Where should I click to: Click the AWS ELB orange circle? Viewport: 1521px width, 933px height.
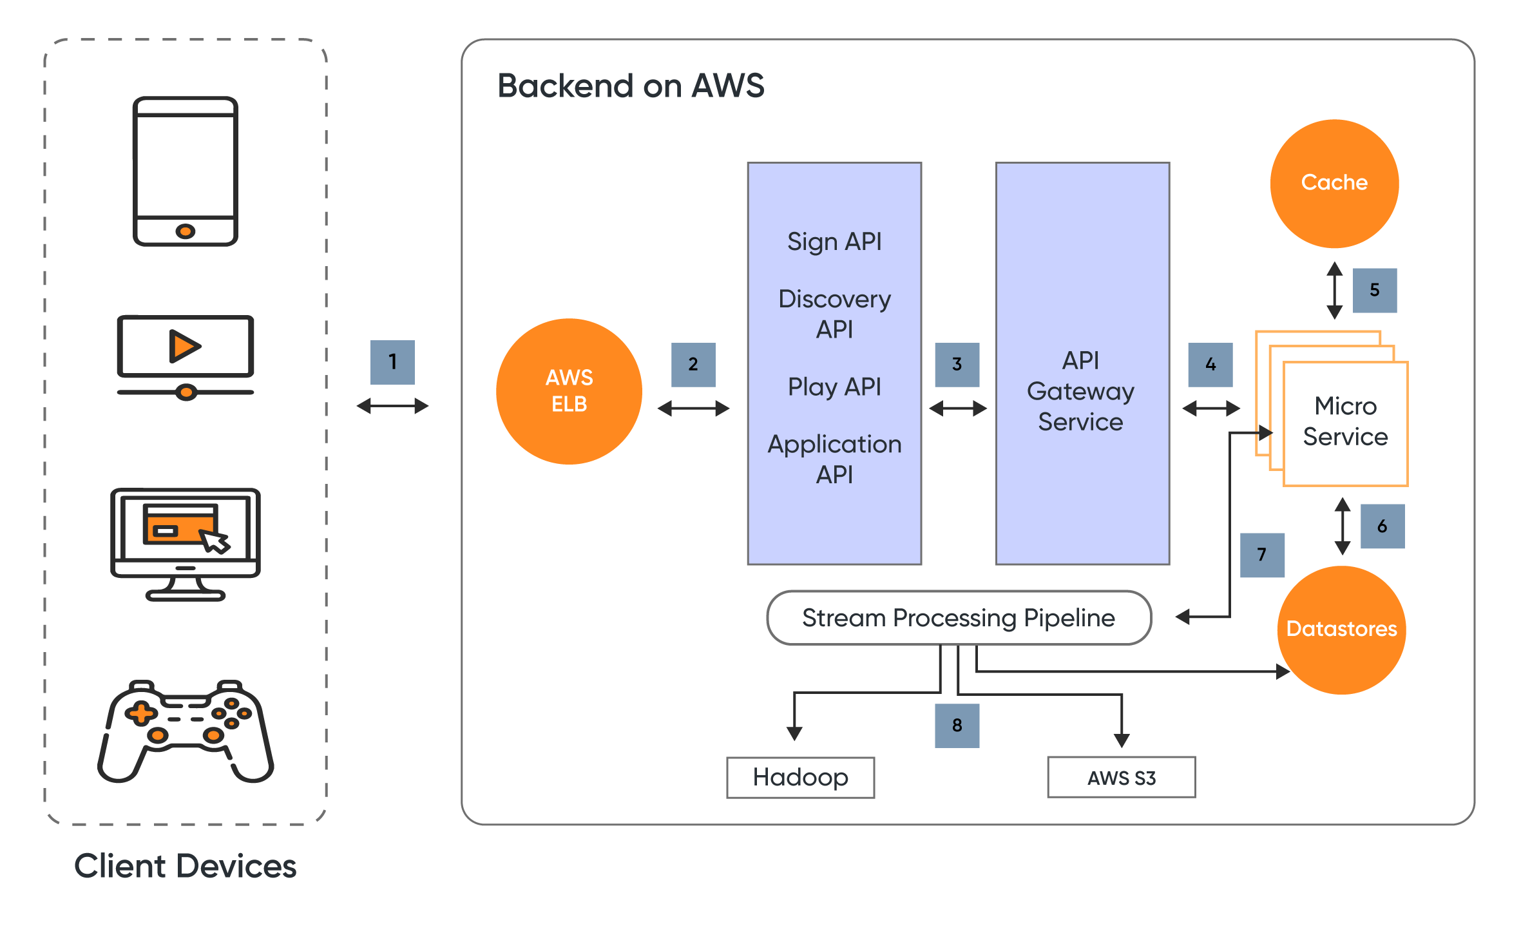point(569,391)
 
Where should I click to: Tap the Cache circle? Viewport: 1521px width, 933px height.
point(1334,184)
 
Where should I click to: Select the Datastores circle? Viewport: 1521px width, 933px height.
point(1341,630)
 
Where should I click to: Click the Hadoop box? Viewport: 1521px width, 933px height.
point(800,778)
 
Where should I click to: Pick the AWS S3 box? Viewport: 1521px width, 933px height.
point(1121,778)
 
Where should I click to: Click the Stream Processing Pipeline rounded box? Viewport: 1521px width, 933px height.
point(959,618)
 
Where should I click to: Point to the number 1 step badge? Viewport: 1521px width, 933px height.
point(392,362)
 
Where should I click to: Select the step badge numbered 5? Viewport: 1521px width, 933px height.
point(1374,290)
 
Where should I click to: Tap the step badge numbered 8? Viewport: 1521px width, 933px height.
point(957,726)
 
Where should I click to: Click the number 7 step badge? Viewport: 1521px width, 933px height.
point(1261,555)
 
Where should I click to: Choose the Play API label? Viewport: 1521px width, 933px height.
point(834,387)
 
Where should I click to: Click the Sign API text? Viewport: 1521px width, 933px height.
point(834,242)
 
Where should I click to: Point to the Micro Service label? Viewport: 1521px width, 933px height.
point(1345,421)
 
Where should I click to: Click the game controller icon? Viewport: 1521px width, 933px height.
point(186,731)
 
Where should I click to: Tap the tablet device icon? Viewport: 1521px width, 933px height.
point(186,171)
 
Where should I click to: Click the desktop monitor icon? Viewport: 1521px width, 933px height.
point(186,544)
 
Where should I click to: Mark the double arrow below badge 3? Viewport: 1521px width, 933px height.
point(957,409)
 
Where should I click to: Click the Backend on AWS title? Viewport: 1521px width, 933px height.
point(631,86)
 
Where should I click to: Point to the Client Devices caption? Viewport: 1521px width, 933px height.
point(186,866)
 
